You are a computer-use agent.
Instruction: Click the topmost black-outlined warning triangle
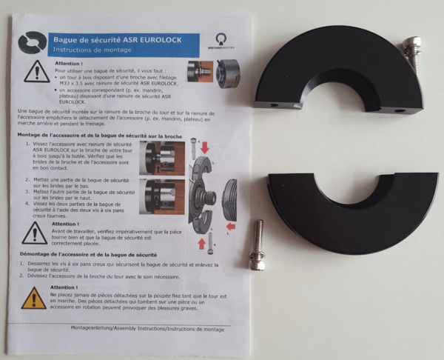36,74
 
